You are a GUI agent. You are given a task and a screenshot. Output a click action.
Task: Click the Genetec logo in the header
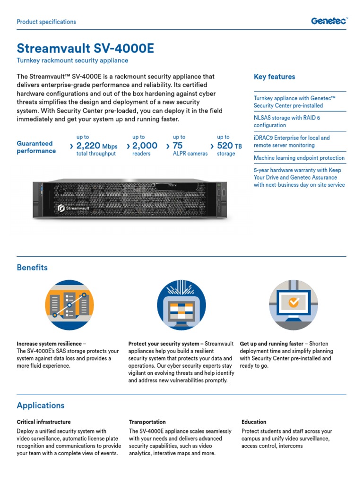point(329,21)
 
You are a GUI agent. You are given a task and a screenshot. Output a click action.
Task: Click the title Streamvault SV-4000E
point(85,48)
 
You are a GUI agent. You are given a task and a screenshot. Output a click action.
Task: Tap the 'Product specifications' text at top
point(46,22)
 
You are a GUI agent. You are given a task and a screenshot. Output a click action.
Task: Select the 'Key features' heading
point(274,77)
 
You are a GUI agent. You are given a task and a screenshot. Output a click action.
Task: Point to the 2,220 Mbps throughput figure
point(96,146)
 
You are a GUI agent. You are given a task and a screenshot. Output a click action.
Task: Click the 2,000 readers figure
point(145,146)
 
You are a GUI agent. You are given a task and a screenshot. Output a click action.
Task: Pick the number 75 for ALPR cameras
point(178,146)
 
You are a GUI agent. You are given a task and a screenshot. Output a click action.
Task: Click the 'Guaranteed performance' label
point(36,147)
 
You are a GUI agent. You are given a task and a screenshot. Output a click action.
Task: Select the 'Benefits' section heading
point(32,268)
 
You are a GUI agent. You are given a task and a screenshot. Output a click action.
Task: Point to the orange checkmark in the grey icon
point(294,302)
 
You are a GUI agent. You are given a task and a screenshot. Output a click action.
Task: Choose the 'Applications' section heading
point(41,406)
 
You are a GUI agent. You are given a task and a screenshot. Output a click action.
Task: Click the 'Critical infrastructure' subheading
point(43,422)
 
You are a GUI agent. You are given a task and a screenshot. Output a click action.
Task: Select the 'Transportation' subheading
point(147,422)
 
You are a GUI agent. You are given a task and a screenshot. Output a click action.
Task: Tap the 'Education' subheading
point(254,422)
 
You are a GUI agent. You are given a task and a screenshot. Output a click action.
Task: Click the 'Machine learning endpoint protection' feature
point(299,158)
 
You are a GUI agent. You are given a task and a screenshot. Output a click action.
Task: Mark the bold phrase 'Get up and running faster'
point(272,344)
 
